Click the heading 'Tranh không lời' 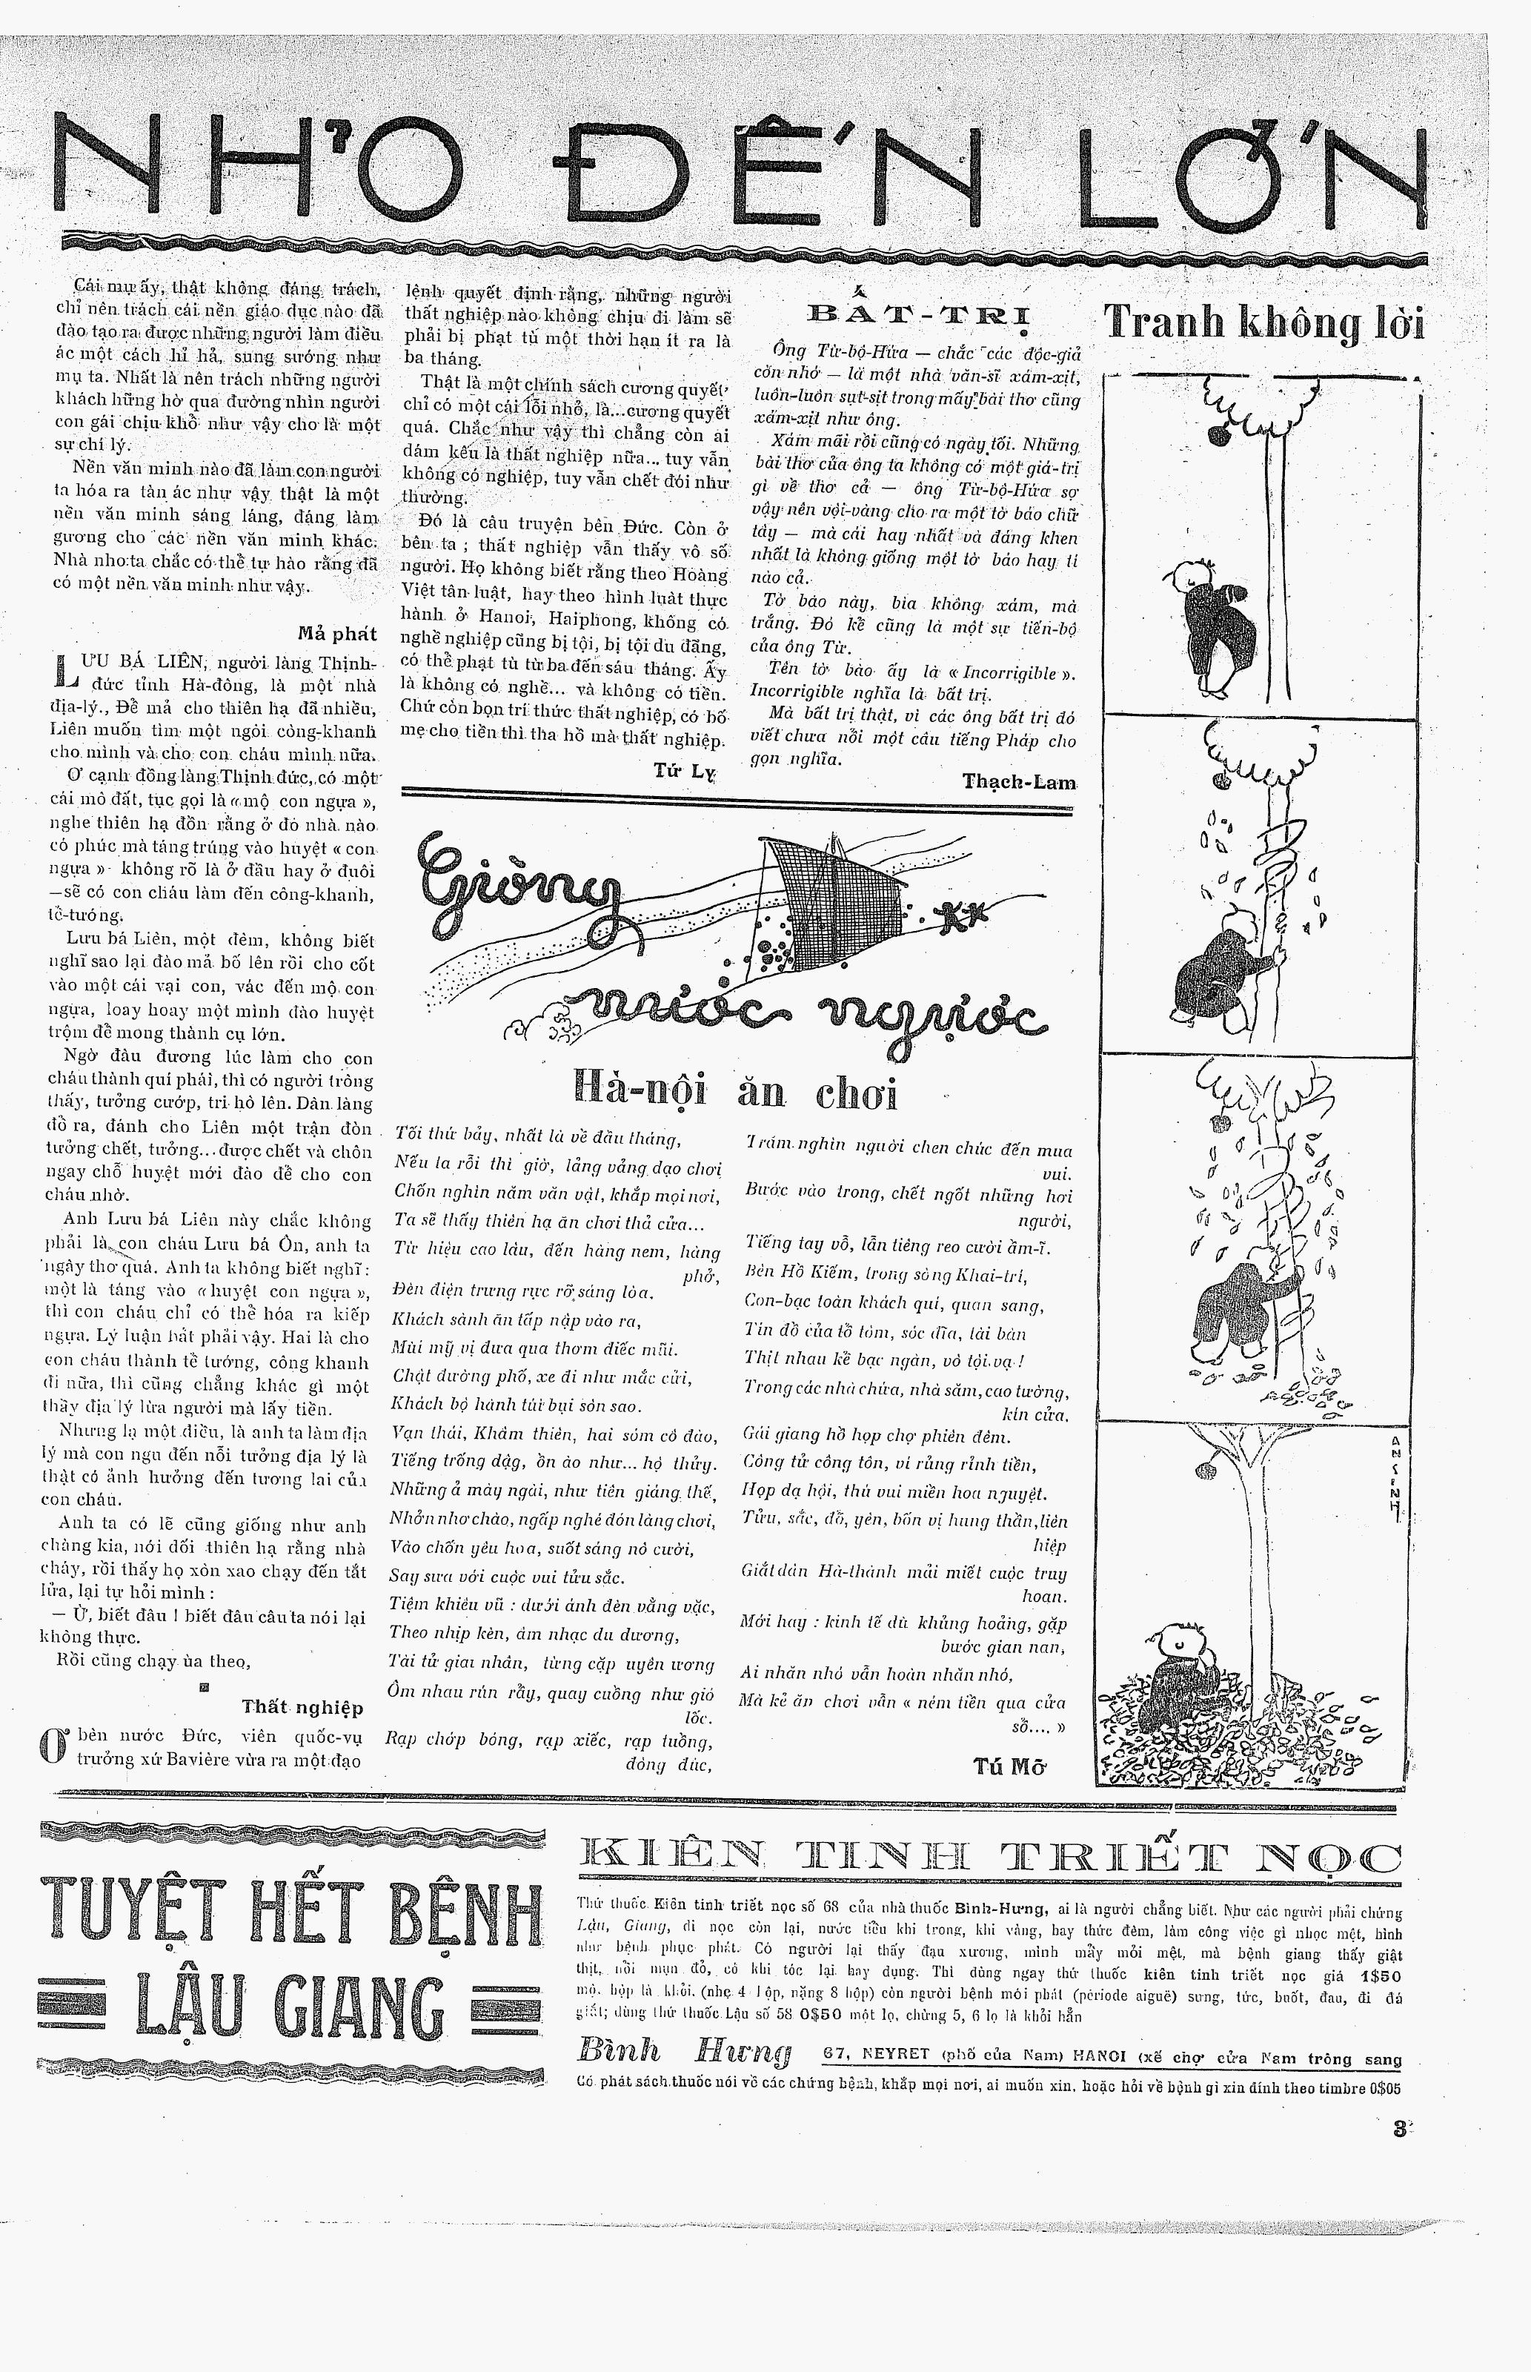pos(1263,323)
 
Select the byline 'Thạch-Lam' pos(1019,781)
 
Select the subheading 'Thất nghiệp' pos(302,1707)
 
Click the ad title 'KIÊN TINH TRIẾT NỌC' pos(989,1859)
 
